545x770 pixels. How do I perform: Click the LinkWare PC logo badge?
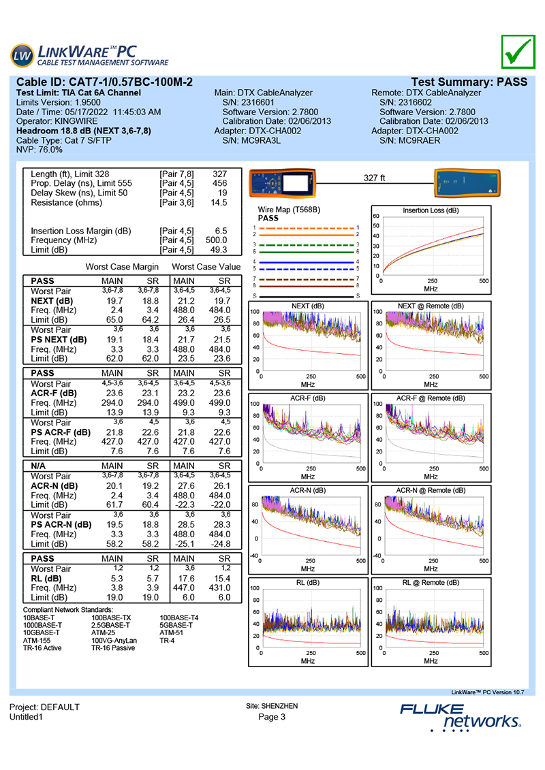(22, 55)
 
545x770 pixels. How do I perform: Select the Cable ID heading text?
(104, 82)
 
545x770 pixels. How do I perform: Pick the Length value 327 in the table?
(220, 174)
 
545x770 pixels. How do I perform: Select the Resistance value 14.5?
(219, 203)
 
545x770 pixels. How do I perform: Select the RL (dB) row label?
(45, 579)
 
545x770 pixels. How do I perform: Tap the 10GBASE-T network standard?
(43, 632)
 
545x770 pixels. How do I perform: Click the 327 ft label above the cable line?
(375, 178)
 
